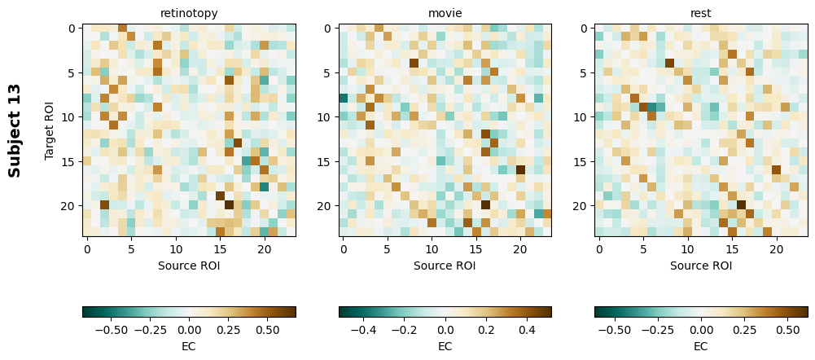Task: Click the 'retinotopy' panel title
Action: (x=189, y=13)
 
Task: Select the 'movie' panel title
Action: (x=445, y=13)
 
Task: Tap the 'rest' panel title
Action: (x=700, y=13)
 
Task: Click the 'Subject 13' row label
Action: (x=15, y=130)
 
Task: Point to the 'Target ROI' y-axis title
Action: (x=50, y=130)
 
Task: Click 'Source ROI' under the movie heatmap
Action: (x=445, y=266)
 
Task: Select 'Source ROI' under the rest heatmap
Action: (x=700, y=266)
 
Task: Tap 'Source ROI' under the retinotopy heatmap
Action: (x=189, y=266)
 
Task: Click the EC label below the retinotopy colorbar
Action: (x=189, y=346)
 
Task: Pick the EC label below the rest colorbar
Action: (x=700, y=346)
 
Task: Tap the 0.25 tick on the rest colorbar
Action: (x=745, y=331)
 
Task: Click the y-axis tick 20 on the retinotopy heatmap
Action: (x=72, y=206)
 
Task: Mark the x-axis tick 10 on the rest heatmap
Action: (x=687, y=249)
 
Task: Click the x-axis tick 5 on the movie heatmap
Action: (x=388, y=249)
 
